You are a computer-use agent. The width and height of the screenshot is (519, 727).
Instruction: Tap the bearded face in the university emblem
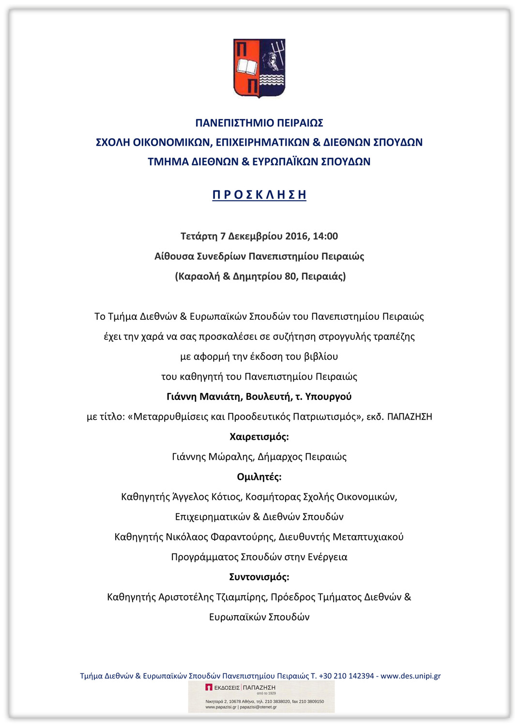click(x=270, y=61)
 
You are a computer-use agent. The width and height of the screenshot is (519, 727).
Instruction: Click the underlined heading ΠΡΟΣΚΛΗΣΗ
click(x=259, y=194)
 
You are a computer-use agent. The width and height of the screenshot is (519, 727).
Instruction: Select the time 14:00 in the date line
click(x=325, y=236)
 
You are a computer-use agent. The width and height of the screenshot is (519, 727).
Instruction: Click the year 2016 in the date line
click(x=296, y=236)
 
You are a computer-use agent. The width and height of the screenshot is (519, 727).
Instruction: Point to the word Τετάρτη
click(x=199, y=236)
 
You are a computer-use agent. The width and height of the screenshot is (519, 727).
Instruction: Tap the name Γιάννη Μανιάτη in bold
click(x=204, y=396)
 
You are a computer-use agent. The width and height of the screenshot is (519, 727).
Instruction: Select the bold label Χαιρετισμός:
click(x=259, y=437)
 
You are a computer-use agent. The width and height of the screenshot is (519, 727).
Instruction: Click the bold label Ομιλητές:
click(x=259, y=477)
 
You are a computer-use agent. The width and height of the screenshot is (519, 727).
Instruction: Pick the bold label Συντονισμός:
click(x=259, y=577)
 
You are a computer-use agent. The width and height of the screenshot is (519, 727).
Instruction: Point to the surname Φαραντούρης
click(x=243, y=537)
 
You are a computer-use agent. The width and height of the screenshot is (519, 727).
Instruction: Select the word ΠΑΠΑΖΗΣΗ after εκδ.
click(x=410, y=417)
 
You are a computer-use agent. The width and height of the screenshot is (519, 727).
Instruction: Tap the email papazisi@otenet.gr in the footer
click(x=258, y=707)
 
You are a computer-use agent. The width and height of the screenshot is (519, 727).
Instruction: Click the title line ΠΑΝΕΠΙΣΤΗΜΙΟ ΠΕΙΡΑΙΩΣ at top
click(x=259, y=123)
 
